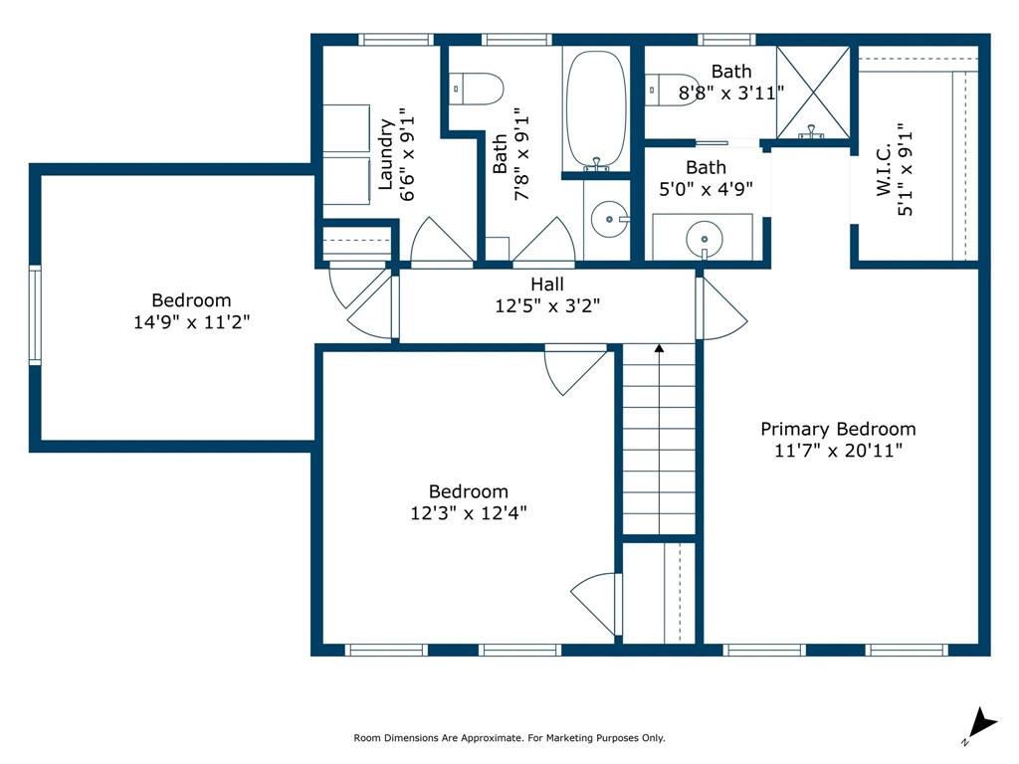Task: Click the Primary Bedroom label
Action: pyautogui.click(x=838, y=429)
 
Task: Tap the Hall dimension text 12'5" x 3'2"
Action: pyautogui.click(x=547, y=305)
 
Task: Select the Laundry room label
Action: pyautogui.click(x=386, y=154)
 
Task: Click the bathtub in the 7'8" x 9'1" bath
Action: pyautogui.click(x=596, y=110)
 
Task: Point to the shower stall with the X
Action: pyautogui.click(x=813, y=93)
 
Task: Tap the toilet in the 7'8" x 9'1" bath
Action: pyautogui.click(x=477, y=89)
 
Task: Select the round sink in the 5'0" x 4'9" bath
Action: pyautogui.click(x=705, y=239)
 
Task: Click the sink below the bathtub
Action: pyautogui.click(x=610, y=219)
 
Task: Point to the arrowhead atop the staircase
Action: pyautogui.click(x=659, y=349)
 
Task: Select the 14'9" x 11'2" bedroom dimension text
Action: pyautogui.click(x=192, y=321)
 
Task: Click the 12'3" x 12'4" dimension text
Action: pyautogui.click(x=469, y=512)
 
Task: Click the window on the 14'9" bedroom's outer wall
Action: pyautogui.click(x=35, y=314)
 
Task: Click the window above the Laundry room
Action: pyautogui.click(x=396, y=40)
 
